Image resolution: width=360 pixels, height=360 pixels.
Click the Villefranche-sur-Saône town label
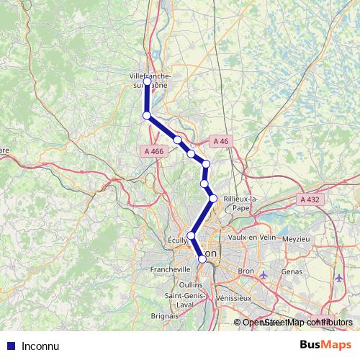(x=149, y=78)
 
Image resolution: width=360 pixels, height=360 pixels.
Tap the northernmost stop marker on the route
(x=147, y=82)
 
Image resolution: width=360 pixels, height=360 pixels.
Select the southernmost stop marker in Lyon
(x=202, y=260)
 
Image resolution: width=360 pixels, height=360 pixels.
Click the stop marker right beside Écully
(x=191, y=235)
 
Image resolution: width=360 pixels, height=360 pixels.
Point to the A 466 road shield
(x=153, y=151)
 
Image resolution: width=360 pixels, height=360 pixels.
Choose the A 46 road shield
(x=220, y=142)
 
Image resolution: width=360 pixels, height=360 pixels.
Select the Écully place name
(x=176, y=240)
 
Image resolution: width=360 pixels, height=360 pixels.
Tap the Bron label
(x=247, y=271)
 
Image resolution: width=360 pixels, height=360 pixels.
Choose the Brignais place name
(x=164, y=315)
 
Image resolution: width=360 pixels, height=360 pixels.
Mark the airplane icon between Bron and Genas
(x=264, y=274)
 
